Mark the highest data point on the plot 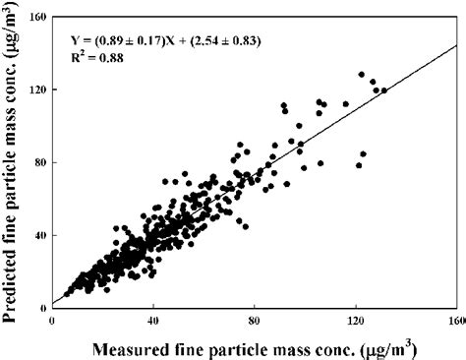point(362,74)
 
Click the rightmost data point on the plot point(383,90)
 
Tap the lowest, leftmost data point point(67,294)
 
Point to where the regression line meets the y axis point(51,304)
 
